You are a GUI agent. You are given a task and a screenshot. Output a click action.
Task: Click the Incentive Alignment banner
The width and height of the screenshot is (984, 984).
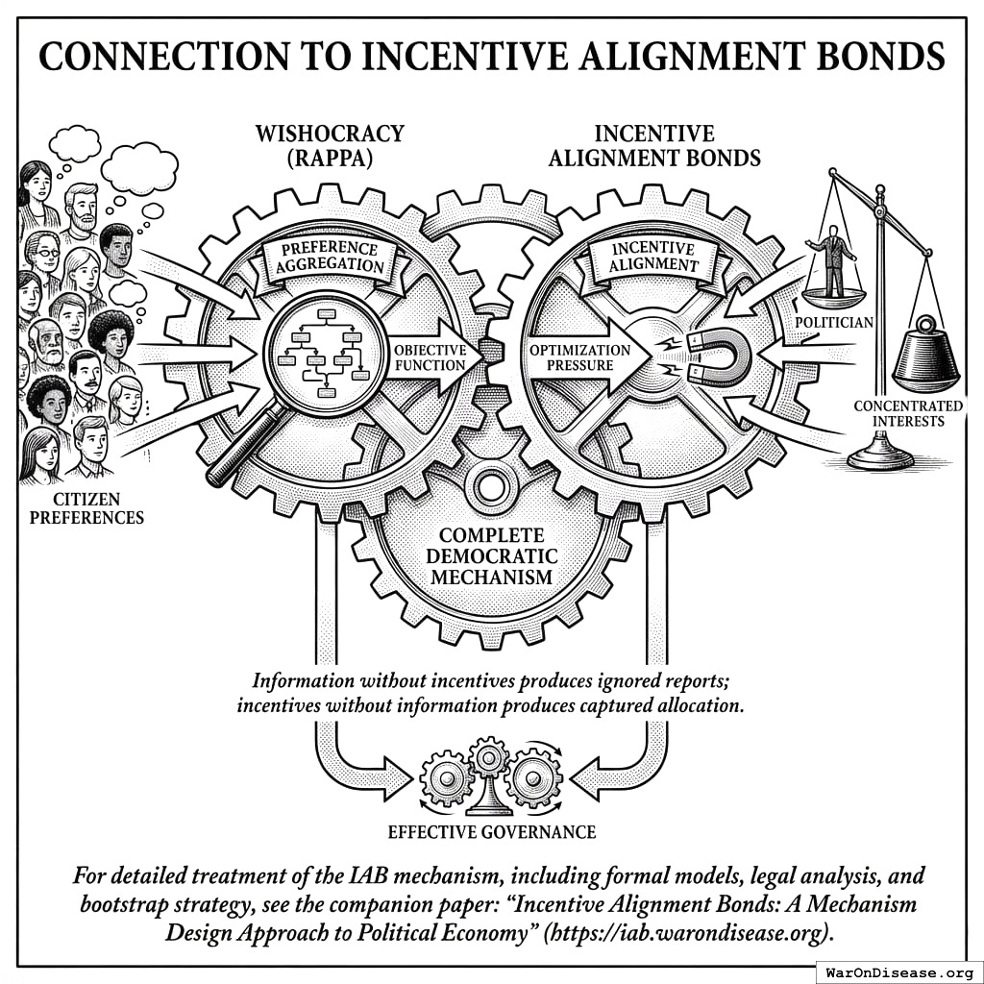point(655,256)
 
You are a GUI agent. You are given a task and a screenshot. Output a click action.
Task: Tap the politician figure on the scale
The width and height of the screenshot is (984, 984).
point(833,258)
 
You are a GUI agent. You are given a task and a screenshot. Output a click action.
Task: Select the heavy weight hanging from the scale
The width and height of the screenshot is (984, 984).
point(925,357)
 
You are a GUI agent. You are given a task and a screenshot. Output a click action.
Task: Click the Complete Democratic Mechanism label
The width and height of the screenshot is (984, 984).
point(492,555)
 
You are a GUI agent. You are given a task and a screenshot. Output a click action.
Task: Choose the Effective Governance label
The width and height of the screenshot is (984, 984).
point(492,831)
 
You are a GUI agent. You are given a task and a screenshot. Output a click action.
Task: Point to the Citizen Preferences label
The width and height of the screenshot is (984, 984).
point(86,508)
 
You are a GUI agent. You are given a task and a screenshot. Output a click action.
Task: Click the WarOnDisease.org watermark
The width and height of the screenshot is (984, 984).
point(898,971)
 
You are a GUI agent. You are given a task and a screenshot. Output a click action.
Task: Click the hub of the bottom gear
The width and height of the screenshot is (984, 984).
point(491,482)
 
